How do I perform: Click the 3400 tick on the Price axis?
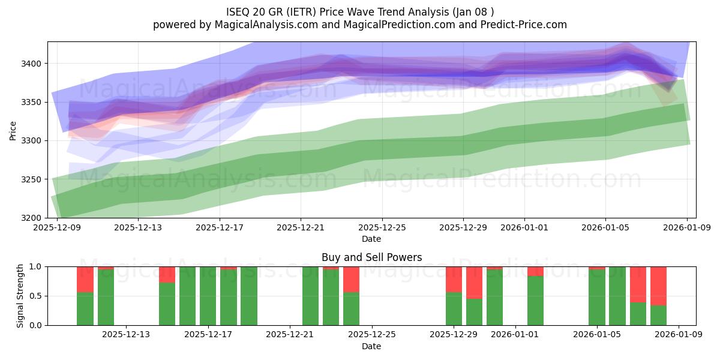[33, 64]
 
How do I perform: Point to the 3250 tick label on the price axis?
[33, 179]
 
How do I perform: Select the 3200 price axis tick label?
[33, 218]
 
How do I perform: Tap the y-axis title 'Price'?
[13, 130]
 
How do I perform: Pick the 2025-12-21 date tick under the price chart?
[301, 227]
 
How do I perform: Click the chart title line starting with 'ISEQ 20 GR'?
[360, 12]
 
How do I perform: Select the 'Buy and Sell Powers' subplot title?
[371, 257]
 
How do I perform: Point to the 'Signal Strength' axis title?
[20, 296]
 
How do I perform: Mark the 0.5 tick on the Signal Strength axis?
[36, 296]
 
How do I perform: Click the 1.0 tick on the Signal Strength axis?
[36, 266]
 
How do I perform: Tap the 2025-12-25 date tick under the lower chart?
[371, 335]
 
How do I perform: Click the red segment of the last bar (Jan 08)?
[658, 286]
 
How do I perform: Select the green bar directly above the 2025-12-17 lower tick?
[208, 296]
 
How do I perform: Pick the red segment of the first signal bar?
[85, 279]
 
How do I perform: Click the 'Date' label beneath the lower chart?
[371, 346]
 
